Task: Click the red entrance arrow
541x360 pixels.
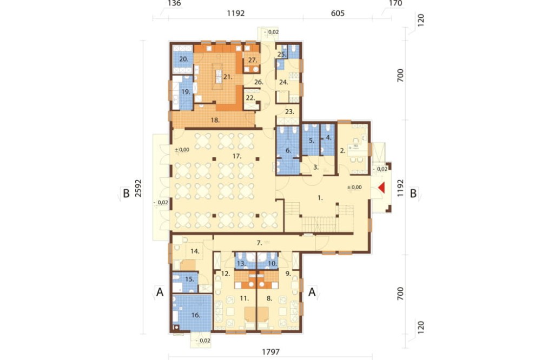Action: tap(381, 188)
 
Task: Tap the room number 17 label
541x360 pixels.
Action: tap(236, 156)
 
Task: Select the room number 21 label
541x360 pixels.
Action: tap(227, 77)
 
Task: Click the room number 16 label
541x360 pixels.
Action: tap(195, 315)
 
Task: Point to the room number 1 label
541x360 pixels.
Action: tap(320, 198)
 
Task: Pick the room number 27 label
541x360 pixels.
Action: tap(253, 60)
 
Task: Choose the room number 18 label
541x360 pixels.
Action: tap(215, 120)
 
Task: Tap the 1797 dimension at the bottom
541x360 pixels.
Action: tap(271, 352)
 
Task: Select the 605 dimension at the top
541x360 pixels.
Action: tap(338, 13)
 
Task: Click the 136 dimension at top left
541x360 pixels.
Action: tap(174, 3)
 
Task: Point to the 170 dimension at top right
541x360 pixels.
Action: tap(395, 3)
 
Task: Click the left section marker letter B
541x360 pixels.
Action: tap(126, 194)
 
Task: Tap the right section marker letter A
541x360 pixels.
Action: tap(312, 292)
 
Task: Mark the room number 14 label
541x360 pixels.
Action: tap(195, 251)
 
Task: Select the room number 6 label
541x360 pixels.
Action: tap(288, 150)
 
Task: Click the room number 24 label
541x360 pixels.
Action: tap(283, 82)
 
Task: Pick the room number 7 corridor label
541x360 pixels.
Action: tap(260, 243)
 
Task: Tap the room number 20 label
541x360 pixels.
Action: tap(184, 59)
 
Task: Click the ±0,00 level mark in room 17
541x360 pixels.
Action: tap(182, 150)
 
